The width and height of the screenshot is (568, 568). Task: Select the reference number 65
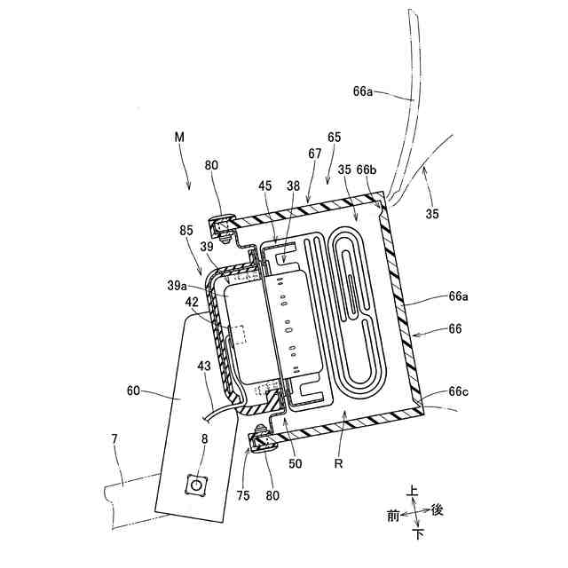334,138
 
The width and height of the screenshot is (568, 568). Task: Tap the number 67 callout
315,154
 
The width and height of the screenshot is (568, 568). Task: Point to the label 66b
366,169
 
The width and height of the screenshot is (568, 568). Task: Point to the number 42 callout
192,303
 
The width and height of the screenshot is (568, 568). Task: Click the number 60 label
134,390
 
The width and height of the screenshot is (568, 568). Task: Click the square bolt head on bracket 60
193,485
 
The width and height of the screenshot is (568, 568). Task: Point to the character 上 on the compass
413,489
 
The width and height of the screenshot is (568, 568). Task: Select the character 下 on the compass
417,534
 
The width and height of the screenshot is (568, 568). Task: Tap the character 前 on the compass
393,515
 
